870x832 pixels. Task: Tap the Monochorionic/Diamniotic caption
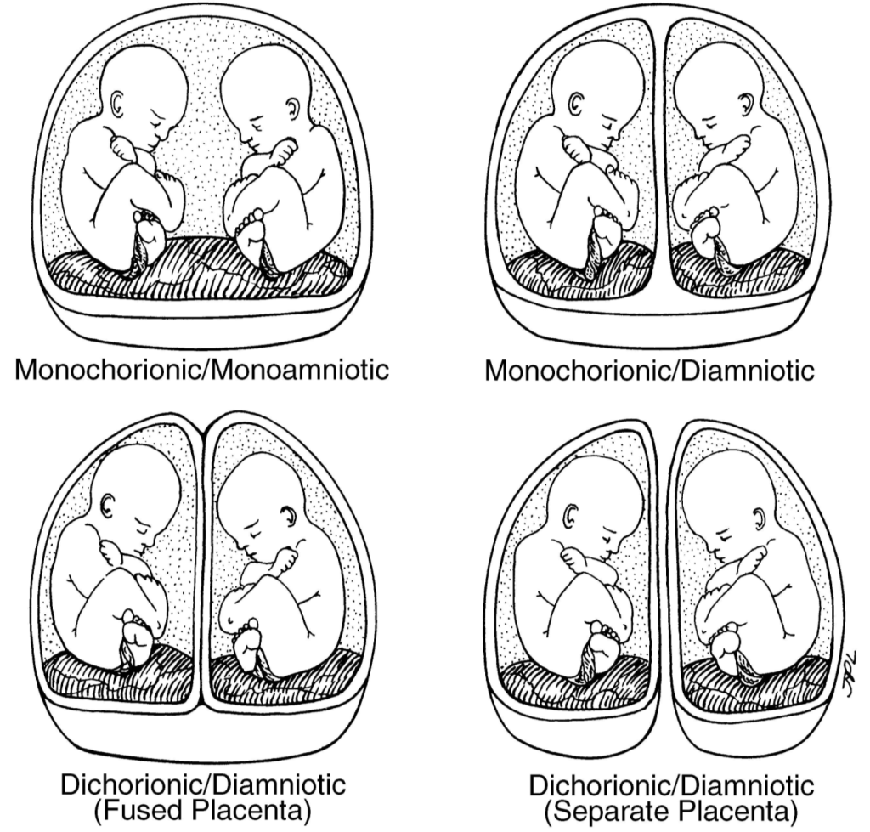click(650, 371)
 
